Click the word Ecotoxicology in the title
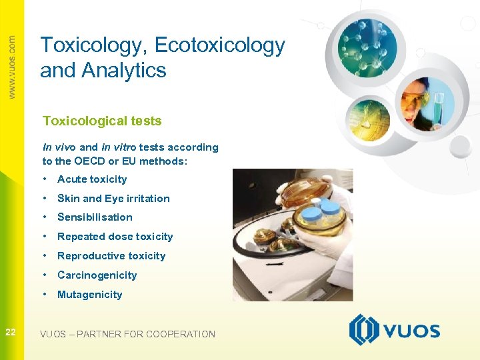tap(219, 46)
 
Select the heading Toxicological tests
tap(102, 121)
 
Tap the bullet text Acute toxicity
tap(92, 179)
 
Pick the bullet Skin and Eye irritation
tap(113, 198)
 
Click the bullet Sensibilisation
tap(95, 217)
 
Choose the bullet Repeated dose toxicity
tap(115, 236)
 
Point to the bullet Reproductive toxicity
tap(111, 255)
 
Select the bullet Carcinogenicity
tap(97, 275)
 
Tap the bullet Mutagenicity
tap(90, 294)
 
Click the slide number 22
tap(11, 332)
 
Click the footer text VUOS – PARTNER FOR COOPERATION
tap(127, 334)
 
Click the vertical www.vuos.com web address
tap(12, 67)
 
